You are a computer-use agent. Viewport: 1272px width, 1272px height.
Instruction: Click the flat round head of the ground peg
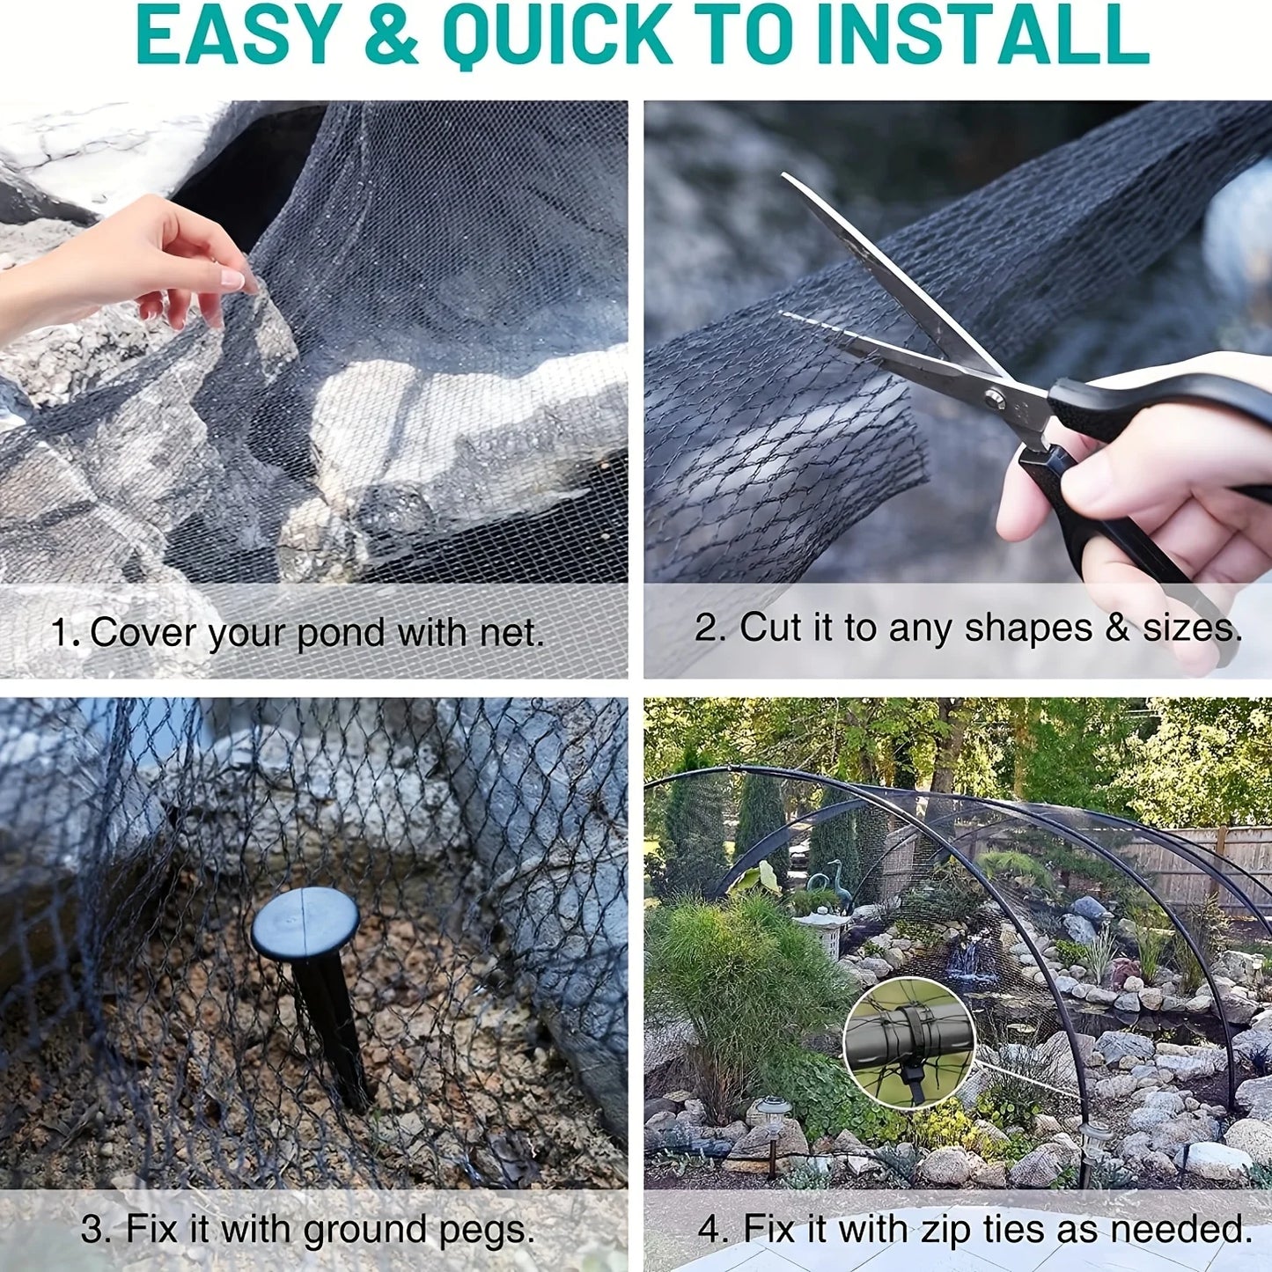305,923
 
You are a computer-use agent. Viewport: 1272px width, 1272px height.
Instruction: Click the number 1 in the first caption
59,633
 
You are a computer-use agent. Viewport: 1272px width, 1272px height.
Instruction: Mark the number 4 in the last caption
710,1229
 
